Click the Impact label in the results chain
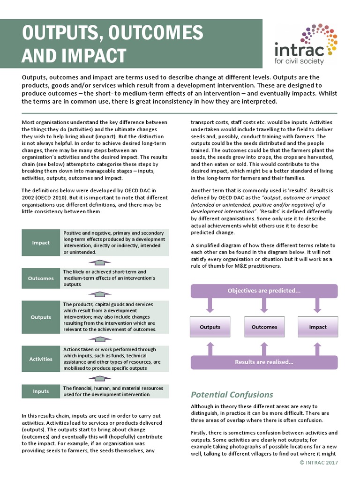coord(41,243)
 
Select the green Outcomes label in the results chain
coord(41,278)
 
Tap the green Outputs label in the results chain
coord(41,317)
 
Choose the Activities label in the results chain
coord(41,359)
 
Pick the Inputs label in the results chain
coord(41,391)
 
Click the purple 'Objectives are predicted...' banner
coord(264,291)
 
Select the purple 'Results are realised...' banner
coord(264,362)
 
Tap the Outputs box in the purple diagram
coord(210,327)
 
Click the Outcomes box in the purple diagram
coord(264,327)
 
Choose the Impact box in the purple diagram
coord(318,327)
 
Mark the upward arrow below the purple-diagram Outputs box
coord(210,348)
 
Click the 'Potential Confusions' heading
coord(232,394)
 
